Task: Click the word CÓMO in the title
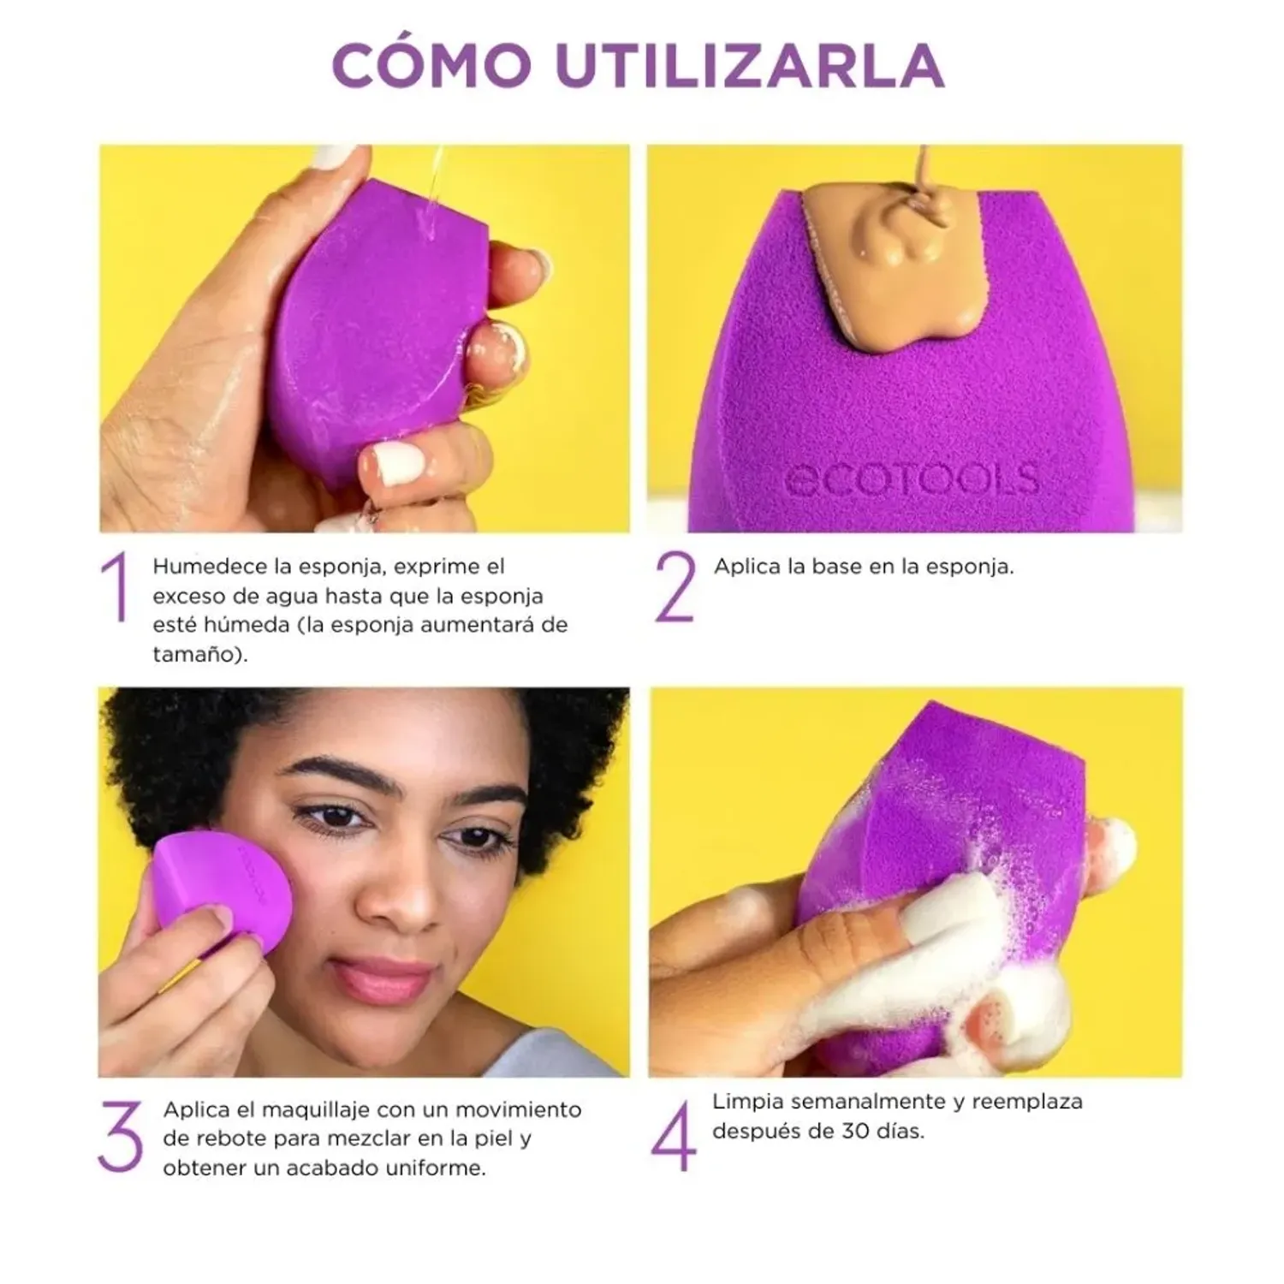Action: (431, 63)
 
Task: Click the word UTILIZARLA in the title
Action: (750, 63)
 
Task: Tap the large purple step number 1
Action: (116, 587)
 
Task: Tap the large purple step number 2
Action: (675, 587)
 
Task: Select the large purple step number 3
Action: (120, 1137)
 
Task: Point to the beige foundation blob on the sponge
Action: (890, 257)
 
